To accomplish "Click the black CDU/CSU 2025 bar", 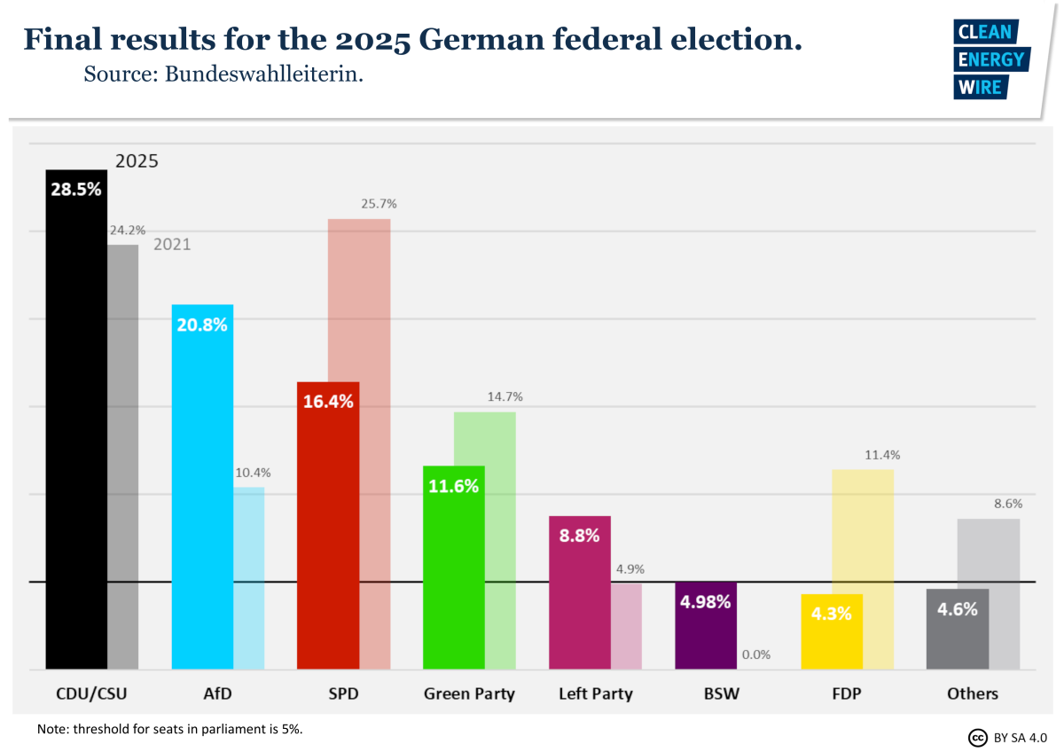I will point(76,426).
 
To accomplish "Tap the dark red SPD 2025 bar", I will point(328,532).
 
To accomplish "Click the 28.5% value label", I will point(76,189).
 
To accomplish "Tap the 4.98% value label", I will point(706,602).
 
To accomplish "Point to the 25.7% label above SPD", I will point(379,204).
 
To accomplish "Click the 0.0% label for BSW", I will point(756,654).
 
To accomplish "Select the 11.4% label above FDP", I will point(882,455).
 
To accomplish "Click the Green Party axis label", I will point(469,693).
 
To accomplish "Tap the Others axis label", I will point(973,693).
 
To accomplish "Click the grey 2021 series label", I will point(172,245).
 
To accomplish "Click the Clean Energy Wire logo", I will point(990,59).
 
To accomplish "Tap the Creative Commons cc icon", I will point(978,738).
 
